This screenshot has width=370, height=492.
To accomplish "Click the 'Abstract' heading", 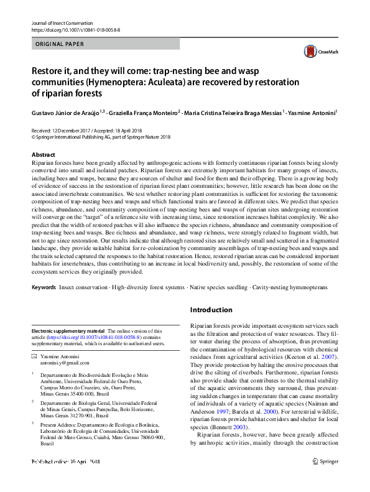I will tap(44, 154).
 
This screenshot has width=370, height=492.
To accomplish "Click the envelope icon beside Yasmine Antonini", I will tap(34, 355).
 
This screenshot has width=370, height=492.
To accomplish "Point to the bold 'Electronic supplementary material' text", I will tap(68, 331).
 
